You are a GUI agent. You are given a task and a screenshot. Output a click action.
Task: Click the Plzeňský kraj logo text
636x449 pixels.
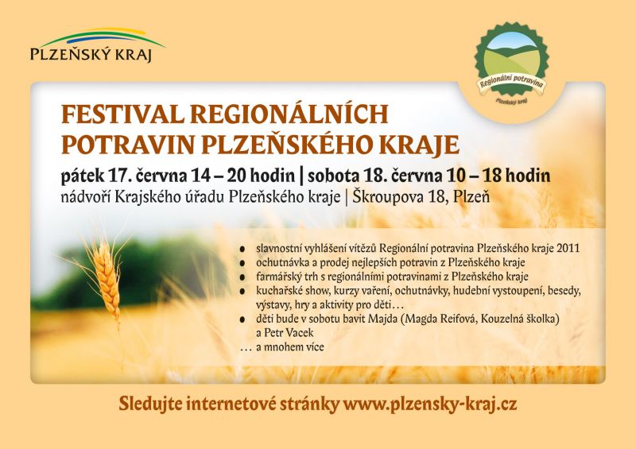tap(91, 54)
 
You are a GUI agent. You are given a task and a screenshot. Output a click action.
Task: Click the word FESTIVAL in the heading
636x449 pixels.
tap(122, 114)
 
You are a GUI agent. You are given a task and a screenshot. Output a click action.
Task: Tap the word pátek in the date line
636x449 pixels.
tap(83, 176)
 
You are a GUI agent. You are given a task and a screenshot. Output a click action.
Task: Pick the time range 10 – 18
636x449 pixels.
tap(474, 176)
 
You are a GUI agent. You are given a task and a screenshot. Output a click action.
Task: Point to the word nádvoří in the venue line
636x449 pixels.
tap(86, 197)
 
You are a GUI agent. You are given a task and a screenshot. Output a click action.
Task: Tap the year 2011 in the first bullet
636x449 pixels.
tap(568, 248)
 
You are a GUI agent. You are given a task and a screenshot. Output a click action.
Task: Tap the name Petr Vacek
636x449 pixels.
tap(289, 333)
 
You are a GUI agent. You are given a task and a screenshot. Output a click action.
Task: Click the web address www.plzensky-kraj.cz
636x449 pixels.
tap(430, 404)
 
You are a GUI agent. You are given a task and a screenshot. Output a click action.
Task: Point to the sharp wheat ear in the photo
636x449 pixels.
tap(107, 280)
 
